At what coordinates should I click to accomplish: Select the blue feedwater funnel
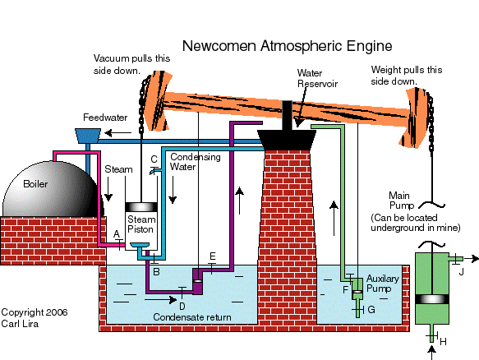[x=86, y=132]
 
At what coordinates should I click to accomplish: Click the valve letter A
[x=117, y=233]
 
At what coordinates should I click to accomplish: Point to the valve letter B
[x=156, y=270]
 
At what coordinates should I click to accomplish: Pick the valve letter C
[x=154, y=158]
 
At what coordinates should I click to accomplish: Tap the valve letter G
[x=371, y=309]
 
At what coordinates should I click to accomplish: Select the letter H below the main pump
[x=443, y=340]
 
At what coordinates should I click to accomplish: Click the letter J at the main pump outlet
[x=462, y=270]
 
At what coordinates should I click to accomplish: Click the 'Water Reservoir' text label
[x=315, y=78]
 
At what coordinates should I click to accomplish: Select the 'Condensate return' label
[x=193, y=317]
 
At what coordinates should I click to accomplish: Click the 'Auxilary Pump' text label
[x=382, y=284]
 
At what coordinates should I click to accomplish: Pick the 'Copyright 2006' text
[x=34, y=312]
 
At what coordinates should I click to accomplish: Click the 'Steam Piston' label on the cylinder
[x=140, y=224]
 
